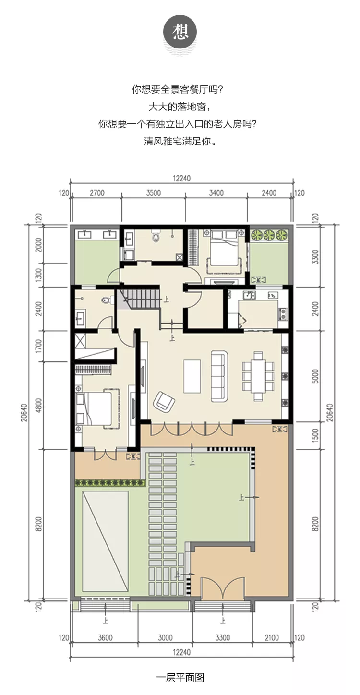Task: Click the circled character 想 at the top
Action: point(180,32)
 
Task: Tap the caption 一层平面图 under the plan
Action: point(180,678)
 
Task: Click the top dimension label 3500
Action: point(154,193)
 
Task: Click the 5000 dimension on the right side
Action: point(315,376)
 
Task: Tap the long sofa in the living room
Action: point(219,376)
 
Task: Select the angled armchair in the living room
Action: point(164,402)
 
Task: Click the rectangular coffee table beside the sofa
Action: point(192,376)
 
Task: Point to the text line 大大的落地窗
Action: point(180,107)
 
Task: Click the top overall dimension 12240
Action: point(181,179)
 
